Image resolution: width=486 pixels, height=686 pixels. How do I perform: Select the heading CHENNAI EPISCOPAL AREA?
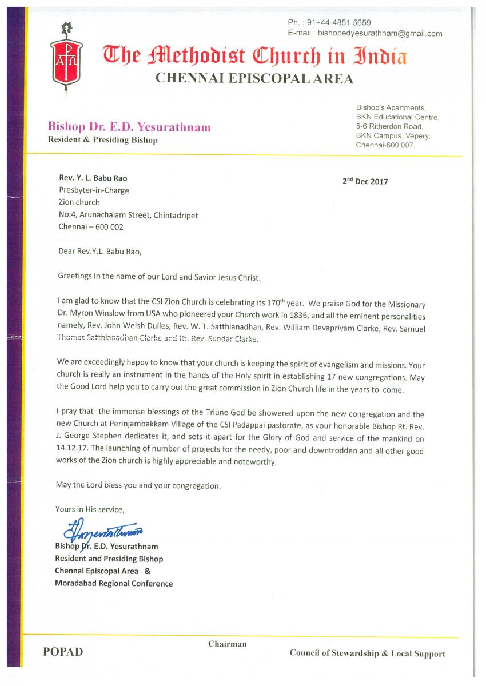pos(254,79)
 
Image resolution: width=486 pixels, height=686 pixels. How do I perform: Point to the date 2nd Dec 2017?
pos(365,182)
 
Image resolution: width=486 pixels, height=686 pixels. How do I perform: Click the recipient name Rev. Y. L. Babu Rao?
pos(93,178)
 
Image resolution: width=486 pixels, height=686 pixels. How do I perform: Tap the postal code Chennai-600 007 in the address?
pos(385,146)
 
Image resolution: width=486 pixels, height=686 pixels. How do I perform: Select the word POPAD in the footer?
pos(63,652)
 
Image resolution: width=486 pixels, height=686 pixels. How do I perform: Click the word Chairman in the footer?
pos(227,644)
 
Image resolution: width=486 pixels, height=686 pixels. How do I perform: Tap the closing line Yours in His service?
pos(89,509)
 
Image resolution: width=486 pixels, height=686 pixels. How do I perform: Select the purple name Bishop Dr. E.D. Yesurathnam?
pos(129,127)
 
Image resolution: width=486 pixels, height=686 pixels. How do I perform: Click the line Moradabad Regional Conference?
pos(114,583)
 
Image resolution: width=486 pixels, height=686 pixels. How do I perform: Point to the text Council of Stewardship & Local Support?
pos(367,653)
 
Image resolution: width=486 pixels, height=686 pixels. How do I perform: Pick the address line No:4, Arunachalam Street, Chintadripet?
pos(129,214)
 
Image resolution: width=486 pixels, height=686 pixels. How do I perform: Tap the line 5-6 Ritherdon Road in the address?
pos(389,126)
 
